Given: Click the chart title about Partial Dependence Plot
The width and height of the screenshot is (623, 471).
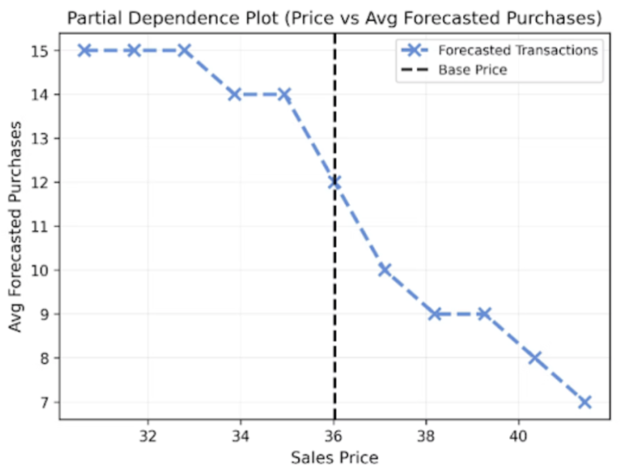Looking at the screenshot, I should click(334, 18).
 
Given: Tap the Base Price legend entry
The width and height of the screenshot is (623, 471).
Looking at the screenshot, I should click(472, 70).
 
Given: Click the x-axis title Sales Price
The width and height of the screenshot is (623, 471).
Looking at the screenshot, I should click(334, 458).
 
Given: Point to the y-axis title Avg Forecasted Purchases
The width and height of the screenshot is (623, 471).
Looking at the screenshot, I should click(15, 226).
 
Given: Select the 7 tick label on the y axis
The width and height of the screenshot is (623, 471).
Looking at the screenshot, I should click(44, 402).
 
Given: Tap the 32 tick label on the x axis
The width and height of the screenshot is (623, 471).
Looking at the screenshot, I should click(147, 436).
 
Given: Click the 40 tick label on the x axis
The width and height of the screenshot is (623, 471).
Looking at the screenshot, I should click(518, 436).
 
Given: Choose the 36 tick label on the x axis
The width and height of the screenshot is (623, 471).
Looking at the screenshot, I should click(333, 436).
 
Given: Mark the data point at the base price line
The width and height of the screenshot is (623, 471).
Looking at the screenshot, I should click(334, 183).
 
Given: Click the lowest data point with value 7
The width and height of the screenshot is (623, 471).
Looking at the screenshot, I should click(585, 402).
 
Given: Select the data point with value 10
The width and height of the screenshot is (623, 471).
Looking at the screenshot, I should click(384, 270).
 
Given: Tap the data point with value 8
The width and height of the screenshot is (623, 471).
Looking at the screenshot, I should click(535, 358).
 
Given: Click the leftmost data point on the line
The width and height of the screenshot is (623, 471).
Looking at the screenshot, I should click(84, 51).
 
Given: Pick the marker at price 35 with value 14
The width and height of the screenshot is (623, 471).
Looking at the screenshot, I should click(284, 95).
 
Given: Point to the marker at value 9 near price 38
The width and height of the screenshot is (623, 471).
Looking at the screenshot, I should click(434, 314).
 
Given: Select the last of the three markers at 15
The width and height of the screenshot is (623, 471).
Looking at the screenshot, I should click(184, 51).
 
